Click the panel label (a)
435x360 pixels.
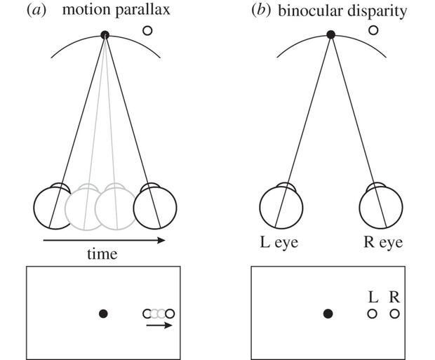pos(36,11)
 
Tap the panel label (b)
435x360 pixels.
pos(261,11)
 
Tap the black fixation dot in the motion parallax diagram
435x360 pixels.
pos(105,35)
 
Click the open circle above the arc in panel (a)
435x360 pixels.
pos(147,30)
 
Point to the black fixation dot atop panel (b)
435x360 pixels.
pos(330,34)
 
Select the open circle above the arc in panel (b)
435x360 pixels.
pos(373,30)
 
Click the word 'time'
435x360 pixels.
pos(102,254)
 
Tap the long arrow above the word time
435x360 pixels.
pos(104,241)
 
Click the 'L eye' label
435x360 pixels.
pos(279,242)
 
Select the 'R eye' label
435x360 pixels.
pos(383,242)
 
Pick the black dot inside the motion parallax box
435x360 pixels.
pos(103,314)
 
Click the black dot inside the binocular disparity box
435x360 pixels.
pos(328,314)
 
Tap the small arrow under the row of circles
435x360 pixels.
pos(159,325)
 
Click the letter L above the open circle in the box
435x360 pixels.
pos(373,297)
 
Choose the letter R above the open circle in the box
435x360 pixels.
pos(394,297)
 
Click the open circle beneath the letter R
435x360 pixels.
pos(394,314)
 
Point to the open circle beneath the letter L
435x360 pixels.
pos(373,314)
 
